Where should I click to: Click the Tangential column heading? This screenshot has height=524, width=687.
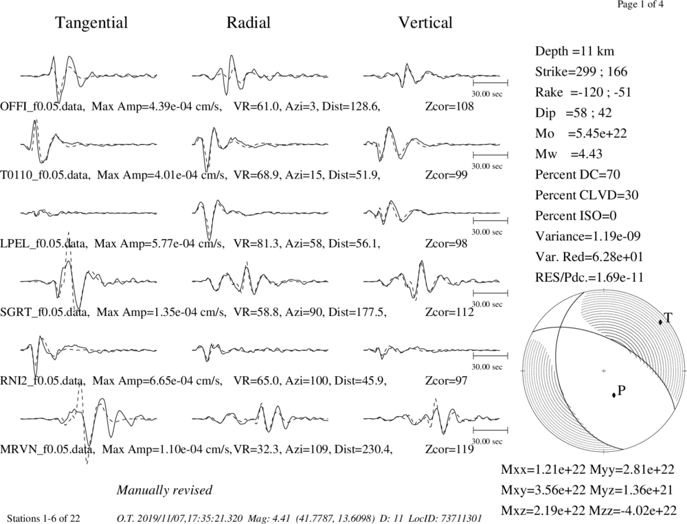tap(91, 23)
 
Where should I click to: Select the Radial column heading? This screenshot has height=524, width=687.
tap(249, 23)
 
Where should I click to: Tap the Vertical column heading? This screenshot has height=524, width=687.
tap(425, 23)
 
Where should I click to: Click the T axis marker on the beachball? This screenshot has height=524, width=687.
tap(660, 322)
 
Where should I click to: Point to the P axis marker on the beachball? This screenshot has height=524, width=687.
tap(613, 395)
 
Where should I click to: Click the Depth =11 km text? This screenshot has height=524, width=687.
tap(574, 52)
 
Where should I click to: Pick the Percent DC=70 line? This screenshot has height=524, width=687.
tap(578, 174)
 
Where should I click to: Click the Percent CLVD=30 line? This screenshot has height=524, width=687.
tap(587, 195)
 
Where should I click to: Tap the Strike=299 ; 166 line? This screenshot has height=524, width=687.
tap(581, 71)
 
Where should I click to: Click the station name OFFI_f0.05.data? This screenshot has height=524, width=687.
tap(42, 106)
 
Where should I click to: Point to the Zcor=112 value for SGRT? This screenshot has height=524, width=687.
tap(449, 312)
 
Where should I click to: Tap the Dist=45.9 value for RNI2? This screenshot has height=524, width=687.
tap(360, 380)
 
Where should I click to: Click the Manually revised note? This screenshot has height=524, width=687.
tap(164, 490)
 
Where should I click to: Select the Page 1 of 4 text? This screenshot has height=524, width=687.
tap(640, 4)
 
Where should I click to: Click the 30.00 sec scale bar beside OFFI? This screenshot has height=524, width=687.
tap(491, 82)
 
